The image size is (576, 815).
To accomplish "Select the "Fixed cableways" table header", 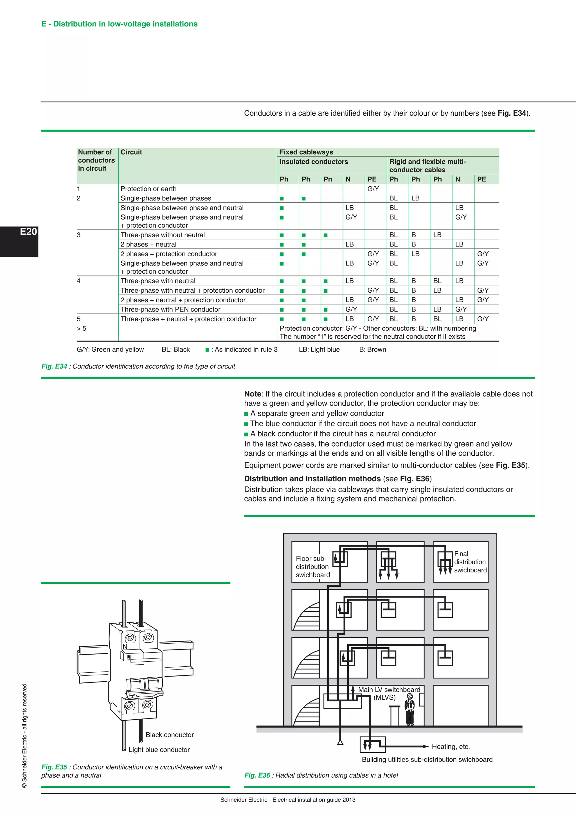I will (x=306, y=152).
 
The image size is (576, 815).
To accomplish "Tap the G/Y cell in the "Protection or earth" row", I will (x=373, y=189).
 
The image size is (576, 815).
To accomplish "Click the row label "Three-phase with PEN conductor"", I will (x=170, y=310).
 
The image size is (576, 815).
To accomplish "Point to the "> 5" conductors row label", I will (x=82, y=329).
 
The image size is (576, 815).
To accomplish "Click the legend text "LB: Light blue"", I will (x=319, y=350).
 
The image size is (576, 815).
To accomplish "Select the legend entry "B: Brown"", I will (x=372, y=350).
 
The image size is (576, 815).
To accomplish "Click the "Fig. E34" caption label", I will (x=54, y=366).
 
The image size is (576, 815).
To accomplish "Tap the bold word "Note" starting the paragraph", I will (x=253, y=394).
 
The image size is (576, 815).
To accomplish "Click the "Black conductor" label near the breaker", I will (x=170, y=735).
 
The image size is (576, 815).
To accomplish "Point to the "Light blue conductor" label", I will (x=159, y=750).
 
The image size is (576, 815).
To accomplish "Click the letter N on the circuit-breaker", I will (x=125, y=647).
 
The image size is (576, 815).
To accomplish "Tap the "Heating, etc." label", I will (x=451, y=747).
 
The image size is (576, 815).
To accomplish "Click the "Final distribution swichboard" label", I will (x=470, y=562).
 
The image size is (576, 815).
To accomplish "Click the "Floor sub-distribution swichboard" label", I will (x=312, y=567).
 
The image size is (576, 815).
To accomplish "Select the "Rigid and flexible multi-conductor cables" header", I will (x=427, y=166).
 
